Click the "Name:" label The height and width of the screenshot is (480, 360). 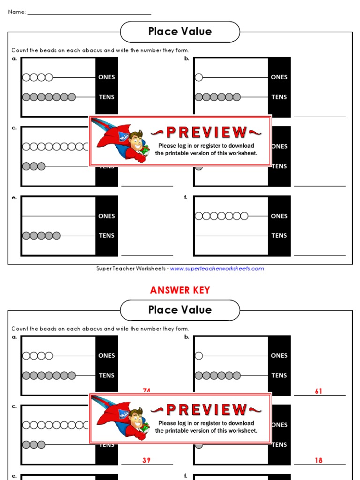pyautogui.click(x=17, y=12)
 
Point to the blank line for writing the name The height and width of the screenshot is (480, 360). pyautogui.click(x=89, y=14)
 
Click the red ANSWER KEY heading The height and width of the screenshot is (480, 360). pyautogui.click(x=180, y=290)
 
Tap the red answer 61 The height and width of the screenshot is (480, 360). pyautogui.click(x=319, y=391)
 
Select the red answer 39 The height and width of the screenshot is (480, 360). pyautogui.click(x=147, y=460)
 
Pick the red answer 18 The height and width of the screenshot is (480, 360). pyautogui.click(x=319, y=460)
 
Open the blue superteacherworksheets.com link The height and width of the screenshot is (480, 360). pyautogui.click(x=217, y=269)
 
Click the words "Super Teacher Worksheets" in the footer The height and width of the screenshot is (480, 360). pyautogui.click(x=131, y=269)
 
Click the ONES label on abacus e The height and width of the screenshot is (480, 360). pyautogui.click(x=107, y=216)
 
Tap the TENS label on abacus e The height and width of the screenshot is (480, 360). pyautogui.click(x=107, y=236)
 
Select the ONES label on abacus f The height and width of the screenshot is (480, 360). pyautogui.click(x=279, y=216)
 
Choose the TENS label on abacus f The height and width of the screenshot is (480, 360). pyautogui.click(x=279, y=236)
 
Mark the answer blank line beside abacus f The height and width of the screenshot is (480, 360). pyautogui.click(x=320, y=255)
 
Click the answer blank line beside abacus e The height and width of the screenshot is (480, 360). pyautogui.click(x=147, y=255)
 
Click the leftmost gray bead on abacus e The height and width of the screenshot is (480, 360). pyautogui.click(x=27, y=236)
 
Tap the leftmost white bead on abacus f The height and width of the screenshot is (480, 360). pyautogui.click(x=199, y=216)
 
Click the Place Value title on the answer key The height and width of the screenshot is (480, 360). pyautogui.click(x=180, y=310)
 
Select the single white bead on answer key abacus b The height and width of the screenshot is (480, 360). pyautogui.click(x=199, y=356)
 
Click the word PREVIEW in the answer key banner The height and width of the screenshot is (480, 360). pyautogui.click(x=206, y=410)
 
